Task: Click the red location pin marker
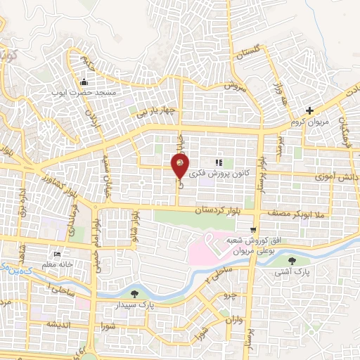180,167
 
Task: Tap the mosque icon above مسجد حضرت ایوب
85,80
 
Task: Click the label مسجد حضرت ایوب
85,91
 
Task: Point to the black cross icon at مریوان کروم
310,110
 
